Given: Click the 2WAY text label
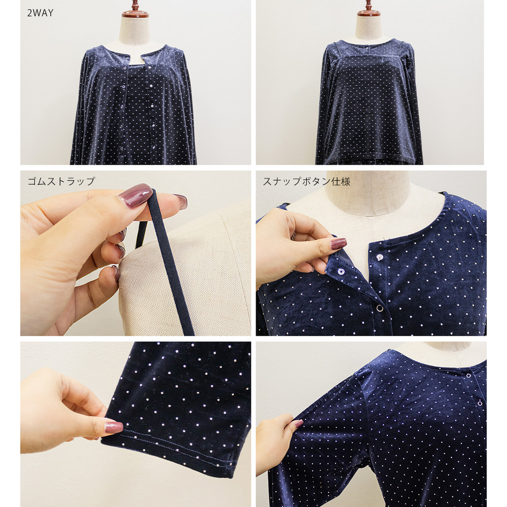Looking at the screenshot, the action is click(x=40, y=13).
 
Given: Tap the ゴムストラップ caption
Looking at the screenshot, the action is click(x=61, y=181).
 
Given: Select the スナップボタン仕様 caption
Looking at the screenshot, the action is click(x=307, y=182).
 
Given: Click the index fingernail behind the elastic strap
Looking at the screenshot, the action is click(x=180, y=201).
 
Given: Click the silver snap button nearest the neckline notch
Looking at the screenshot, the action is click(x=380, y=257).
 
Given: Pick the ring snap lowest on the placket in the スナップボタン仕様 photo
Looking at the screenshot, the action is click(x=379, y=308).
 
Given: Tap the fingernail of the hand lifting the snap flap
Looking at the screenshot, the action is click(x=338, y=243).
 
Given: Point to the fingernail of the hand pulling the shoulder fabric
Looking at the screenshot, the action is click(x=296, y=424).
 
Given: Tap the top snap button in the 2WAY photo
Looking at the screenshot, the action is click(x=125, y=68).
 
